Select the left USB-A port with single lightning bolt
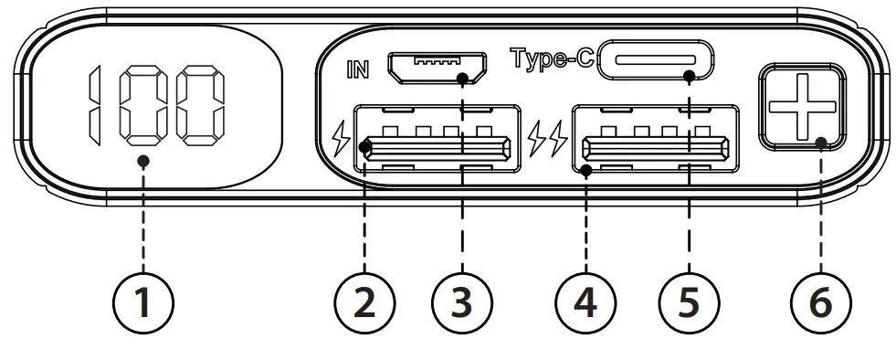437,144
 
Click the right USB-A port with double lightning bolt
656,144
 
